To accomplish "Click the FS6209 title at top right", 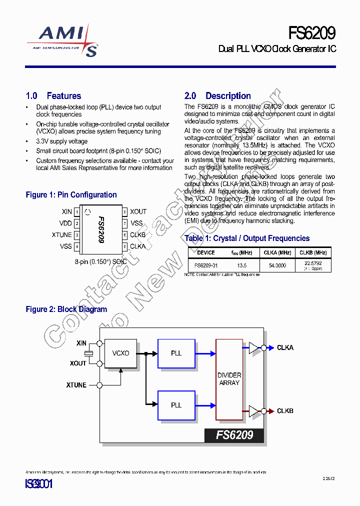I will (x=311, y=33).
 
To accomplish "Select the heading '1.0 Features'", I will (x=53, y=96).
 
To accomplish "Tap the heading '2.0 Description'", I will (x=217, y=96).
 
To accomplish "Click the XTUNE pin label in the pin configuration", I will (x=62, y=235).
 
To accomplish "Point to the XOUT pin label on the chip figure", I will (x=138, y=212).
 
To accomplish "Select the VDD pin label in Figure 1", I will (x=66, y=223).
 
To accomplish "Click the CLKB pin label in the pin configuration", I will (x=138, y=235).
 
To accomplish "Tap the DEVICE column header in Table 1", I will (x=206, y=253).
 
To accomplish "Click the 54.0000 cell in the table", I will (x=277, y=265).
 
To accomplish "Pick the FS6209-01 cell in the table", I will (x=206, y=265).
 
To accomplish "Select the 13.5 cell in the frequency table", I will (x=242, y=265).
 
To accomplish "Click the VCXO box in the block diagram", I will (x=120, y=353).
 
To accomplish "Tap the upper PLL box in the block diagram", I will (x=176, y=353).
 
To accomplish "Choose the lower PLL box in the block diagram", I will (x=176, y=405).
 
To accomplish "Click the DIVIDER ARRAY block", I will (x=229, y=379).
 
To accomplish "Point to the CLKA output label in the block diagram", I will (x=285, y=347).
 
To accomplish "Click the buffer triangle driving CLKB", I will (x=254, y=411).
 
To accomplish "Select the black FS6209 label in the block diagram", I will (x=234, y=435).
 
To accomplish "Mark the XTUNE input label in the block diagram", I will (x=76, y=385).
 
